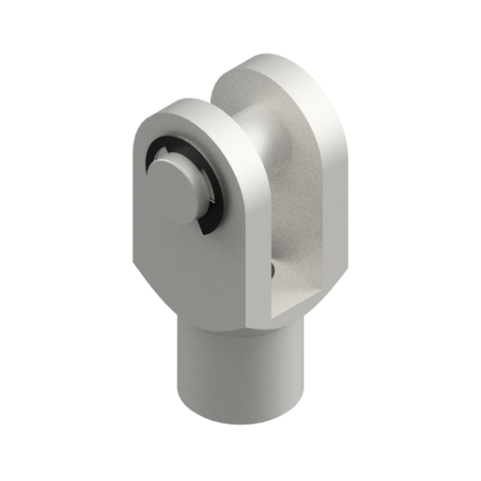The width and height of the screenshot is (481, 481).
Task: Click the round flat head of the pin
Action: click(174, 189)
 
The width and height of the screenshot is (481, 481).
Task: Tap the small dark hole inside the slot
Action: click(272, 270)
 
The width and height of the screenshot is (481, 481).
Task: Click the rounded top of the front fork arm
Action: click(183, 108)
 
